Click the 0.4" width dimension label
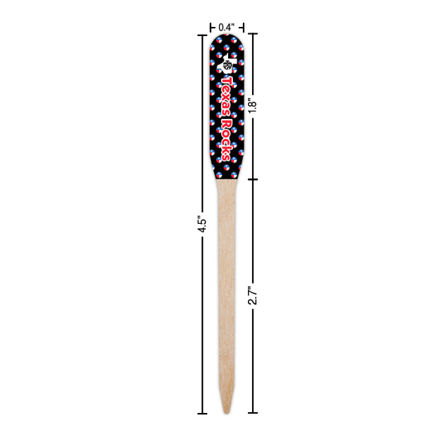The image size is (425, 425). tap(226, 27)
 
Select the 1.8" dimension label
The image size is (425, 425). tap(251, 106)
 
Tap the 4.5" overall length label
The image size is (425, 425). tap(201, 224)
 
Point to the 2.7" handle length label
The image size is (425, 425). tap(251, 295)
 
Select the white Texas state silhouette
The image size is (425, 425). tap(229, 64)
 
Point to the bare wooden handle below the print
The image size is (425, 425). tap(226, 283)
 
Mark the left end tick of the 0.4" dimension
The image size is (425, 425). tap(210, 27)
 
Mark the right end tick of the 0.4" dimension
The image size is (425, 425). tap(243, 27)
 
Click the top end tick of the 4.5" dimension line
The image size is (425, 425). tap(202, 33)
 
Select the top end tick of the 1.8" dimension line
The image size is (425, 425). tap(251, 33)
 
